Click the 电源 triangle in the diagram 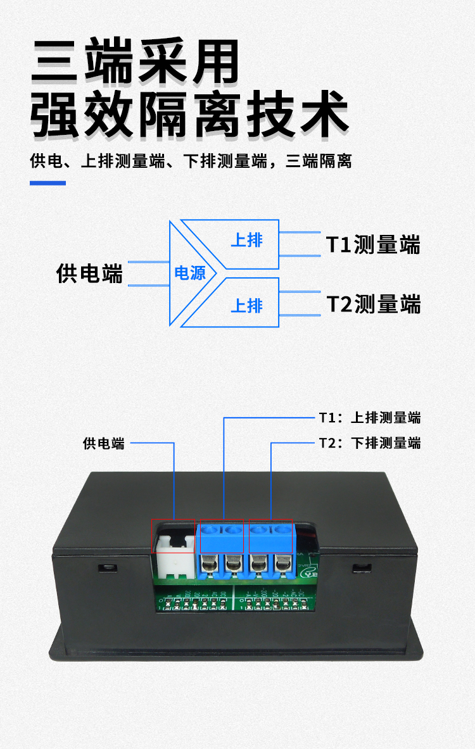click(189, 273)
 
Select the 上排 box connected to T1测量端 click(247, 241)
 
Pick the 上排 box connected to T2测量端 click(247, 305)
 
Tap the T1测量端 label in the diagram click(373, 244)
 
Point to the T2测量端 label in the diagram click(373, 304)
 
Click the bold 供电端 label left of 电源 click(89, 274)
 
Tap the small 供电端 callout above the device click(104, 443)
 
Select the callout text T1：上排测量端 click(369, 418)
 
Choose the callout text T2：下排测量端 click(369, 443)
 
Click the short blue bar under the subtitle click(48, 183)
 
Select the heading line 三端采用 click(136, 61)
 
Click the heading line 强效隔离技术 click(190, 115)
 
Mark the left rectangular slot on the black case click(107, 566)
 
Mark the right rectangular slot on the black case click(362, 566)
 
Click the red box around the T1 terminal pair click(222, 536)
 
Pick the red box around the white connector click(173, 536)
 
